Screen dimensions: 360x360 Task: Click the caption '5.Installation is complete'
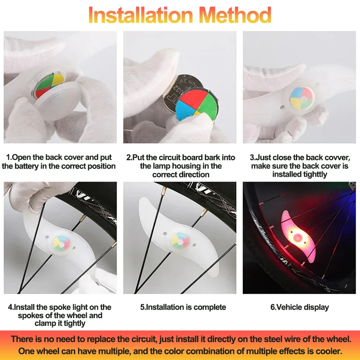click(x=183, y=307)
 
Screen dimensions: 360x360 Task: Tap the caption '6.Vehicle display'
click(x=300, y=307)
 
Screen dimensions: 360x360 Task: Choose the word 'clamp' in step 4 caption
click(x=45, y=323)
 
